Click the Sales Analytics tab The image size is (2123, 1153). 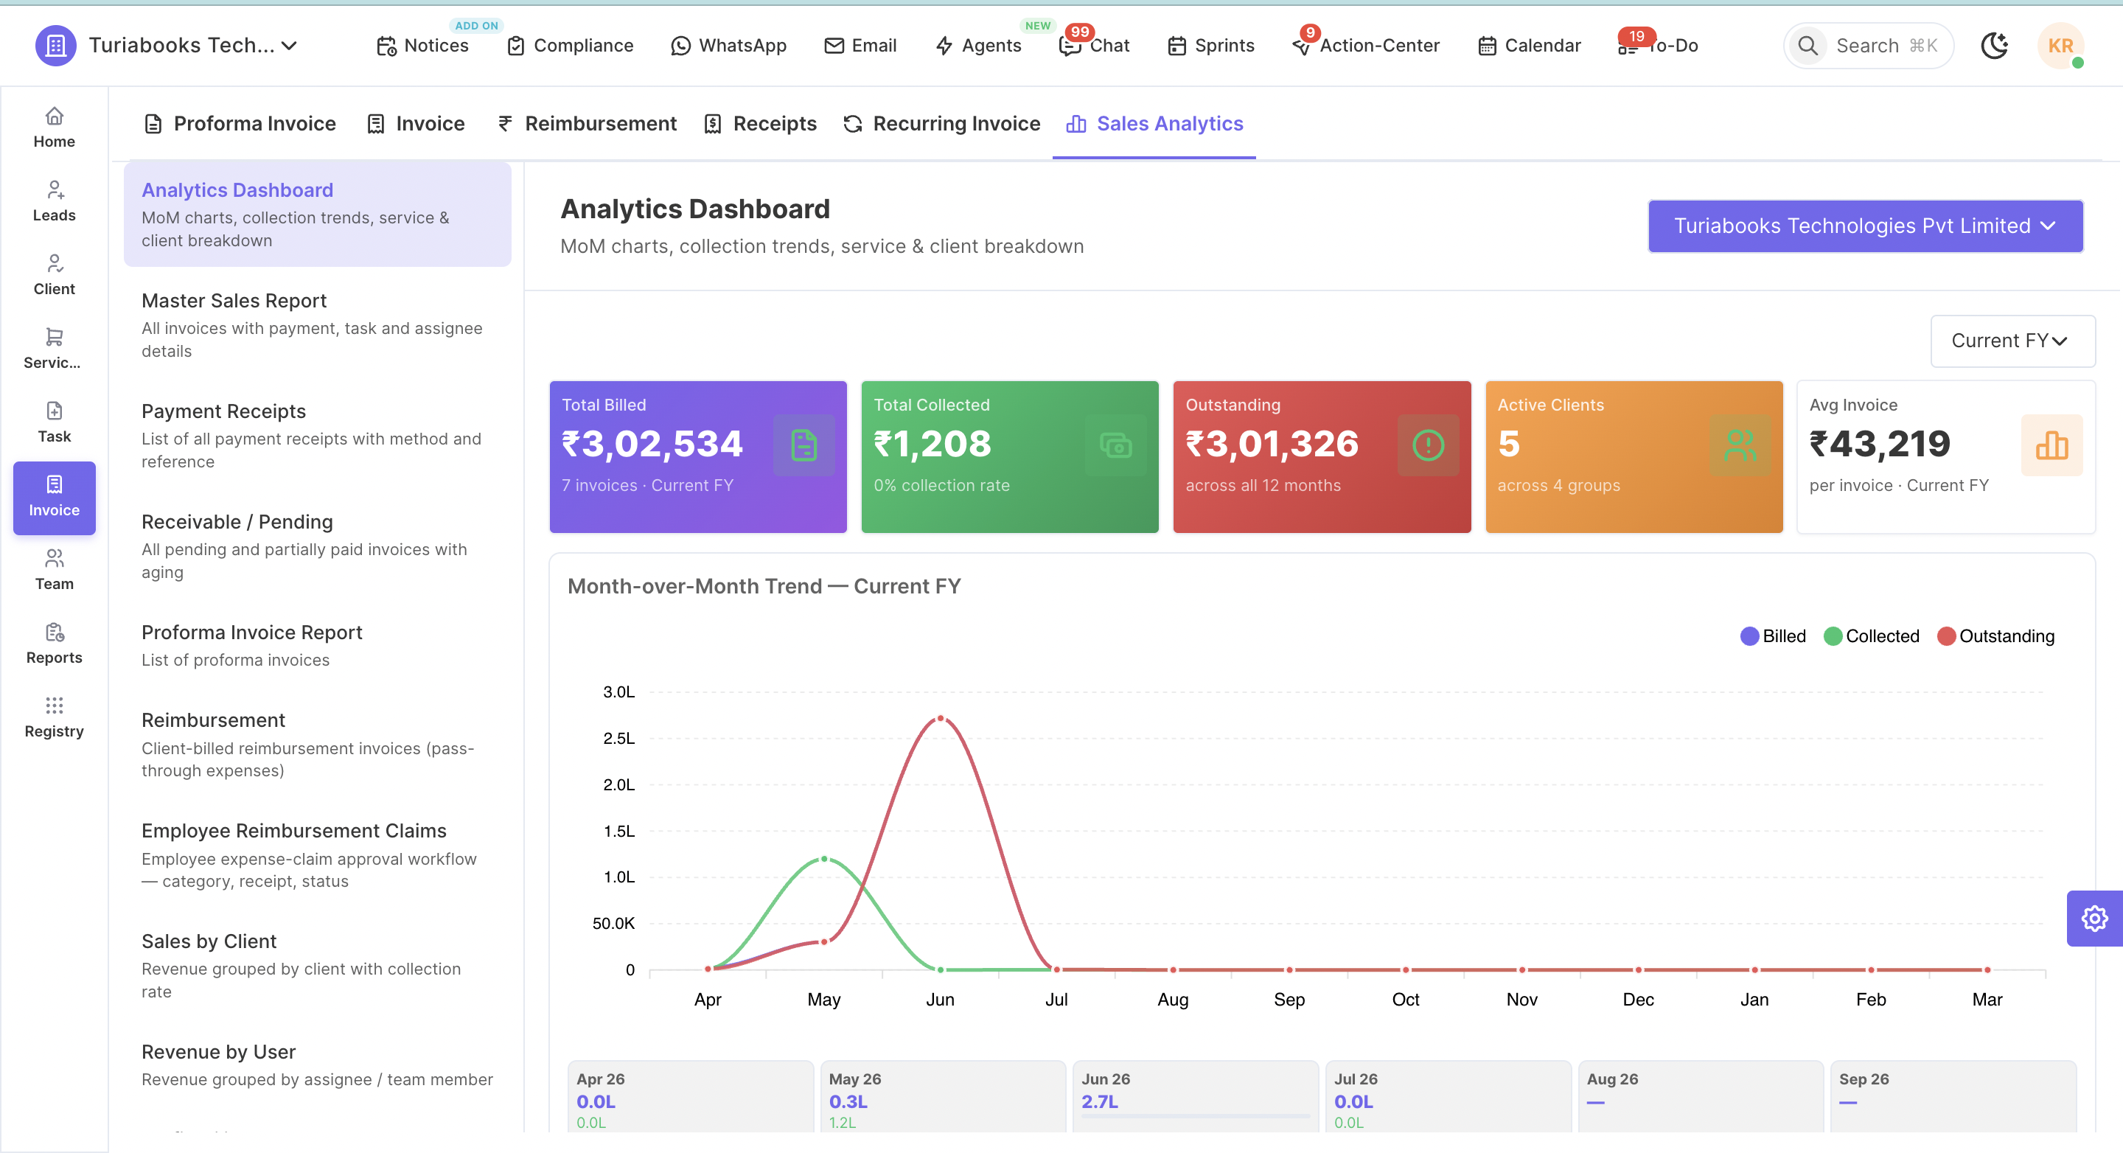coord(1154,124)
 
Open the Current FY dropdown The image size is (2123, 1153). coord(2012,341)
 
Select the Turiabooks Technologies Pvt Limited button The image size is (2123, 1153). coord(1865,226)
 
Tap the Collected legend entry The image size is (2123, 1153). coord(1872,636)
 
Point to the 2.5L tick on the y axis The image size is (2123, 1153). coord(619,739)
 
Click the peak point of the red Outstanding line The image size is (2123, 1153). coord(941,719)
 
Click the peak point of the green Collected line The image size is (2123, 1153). coord(824,859)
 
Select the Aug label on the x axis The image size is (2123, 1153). coord(1173,999)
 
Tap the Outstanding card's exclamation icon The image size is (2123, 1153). coord(1429,445)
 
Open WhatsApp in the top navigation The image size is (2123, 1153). coord(728,45)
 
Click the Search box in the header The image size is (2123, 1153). coord(1869,45)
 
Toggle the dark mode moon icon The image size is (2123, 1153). coord(1995,45)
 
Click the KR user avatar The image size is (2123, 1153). coord(2060,45)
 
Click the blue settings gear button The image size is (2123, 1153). coord(2094,918)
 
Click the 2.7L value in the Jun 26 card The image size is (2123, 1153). coord(1099,1101)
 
